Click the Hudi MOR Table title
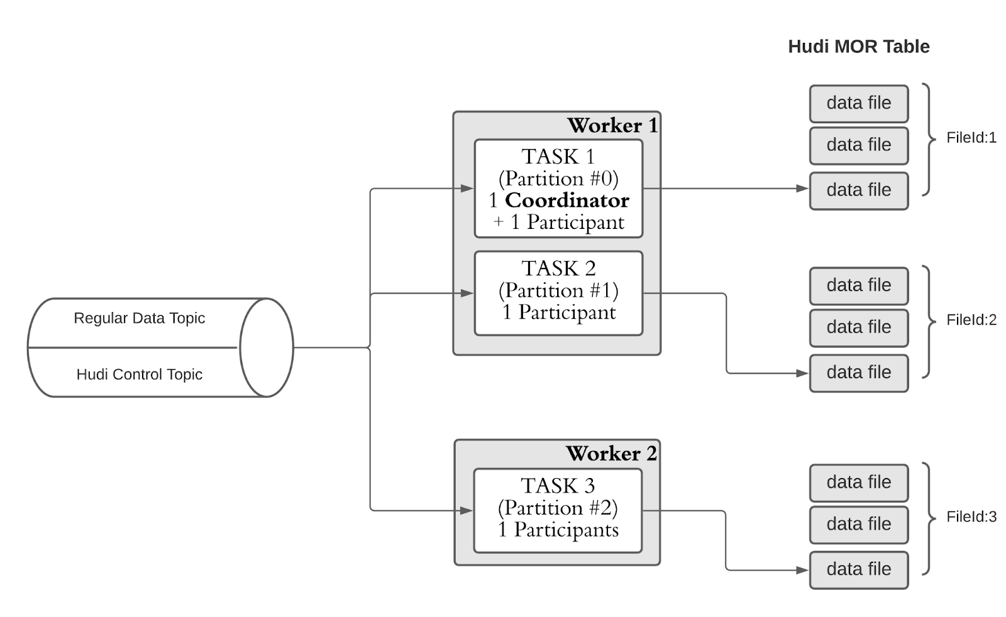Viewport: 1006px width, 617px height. [x=859, y=47]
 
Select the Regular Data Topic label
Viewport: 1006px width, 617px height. [x=139, y=318]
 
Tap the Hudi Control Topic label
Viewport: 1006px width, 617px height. [x=139, y=374]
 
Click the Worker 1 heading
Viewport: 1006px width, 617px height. [x=612, y=125]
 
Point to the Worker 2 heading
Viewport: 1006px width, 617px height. [x=611, y=453]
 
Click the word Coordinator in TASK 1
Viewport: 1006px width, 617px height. [x=567, y=201]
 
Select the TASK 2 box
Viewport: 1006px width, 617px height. [x=559, y=294]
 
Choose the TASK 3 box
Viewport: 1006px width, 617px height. [x=558, y=511]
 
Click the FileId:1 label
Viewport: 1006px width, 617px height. [x=971, y=138]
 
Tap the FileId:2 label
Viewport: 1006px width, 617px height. [x=971, y=320]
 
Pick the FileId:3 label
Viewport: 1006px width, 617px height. [x=971, y=517]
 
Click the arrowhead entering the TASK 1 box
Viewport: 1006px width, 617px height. [x=468, y=189]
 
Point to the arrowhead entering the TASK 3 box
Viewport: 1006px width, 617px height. [x=467, y=511]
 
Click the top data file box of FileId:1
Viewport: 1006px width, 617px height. [x=859, y=104]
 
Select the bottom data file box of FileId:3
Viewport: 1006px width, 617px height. [x=859, y=570]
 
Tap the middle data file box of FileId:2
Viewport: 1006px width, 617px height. [x=859, y=328]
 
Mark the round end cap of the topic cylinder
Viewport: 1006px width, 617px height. [x=267, y=347]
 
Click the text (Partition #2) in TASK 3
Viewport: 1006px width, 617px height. [x=558, y=508]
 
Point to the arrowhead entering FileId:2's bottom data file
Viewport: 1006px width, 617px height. [x=802, y=373]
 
